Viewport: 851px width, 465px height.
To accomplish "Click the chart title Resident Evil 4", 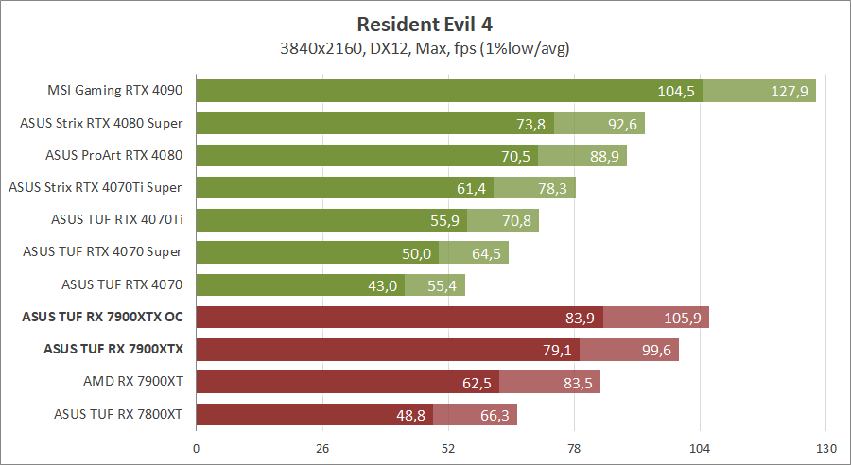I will [x=425, y=24].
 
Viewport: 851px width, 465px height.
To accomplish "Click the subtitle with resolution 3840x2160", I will [x=425, y=46].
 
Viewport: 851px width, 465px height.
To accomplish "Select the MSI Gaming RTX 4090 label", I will [x=114, y=91].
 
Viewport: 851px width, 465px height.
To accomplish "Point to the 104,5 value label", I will [x=676, y=91].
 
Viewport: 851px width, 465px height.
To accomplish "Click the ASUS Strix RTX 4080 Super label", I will [x=101, y=123].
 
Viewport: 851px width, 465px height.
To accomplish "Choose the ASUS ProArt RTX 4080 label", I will [x=113, y=155].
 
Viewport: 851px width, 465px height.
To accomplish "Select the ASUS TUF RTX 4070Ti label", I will [x=116, y=220].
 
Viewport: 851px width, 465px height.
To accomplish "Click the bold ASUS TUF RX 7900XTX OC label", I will [x=102, y=318].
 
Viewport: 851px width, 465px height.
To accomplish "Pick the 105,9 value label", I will [x=683, y=318].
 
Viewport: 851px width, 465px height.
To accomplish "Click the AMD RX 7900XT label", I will [x=132, y=382].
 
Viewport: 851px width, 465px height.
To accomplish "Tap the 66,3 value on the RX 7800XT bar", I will [x=492, y=414].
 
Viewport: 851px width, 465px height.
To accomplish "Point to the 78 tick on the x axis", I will [x=574, y=447].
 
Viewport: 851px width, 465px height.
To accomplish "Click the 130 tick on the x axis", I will [x=825, y=447].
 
